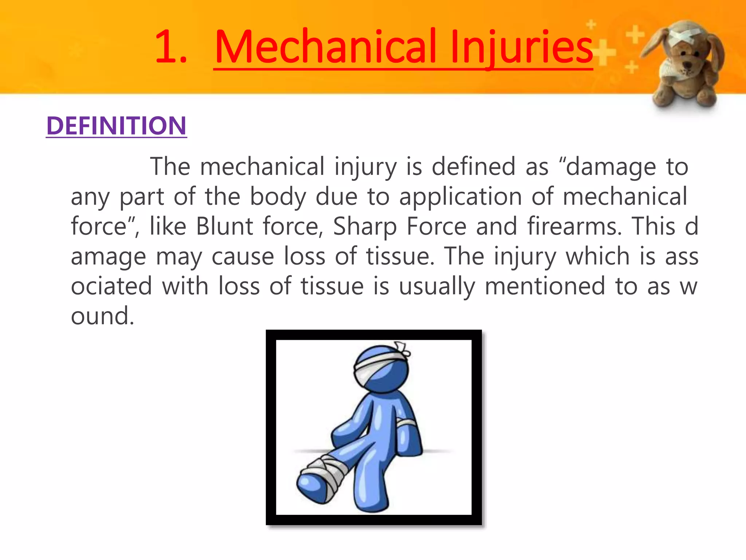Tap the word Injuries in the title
[521, 47]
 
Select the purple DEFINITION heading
[117, 126]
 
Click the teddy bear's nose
[687, 65]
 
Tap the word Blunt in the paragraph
[224, 226]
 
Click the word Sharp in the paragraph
[365, 226]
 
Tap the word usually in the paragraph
[437, 286]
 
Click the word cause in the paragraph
[243, 256]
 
